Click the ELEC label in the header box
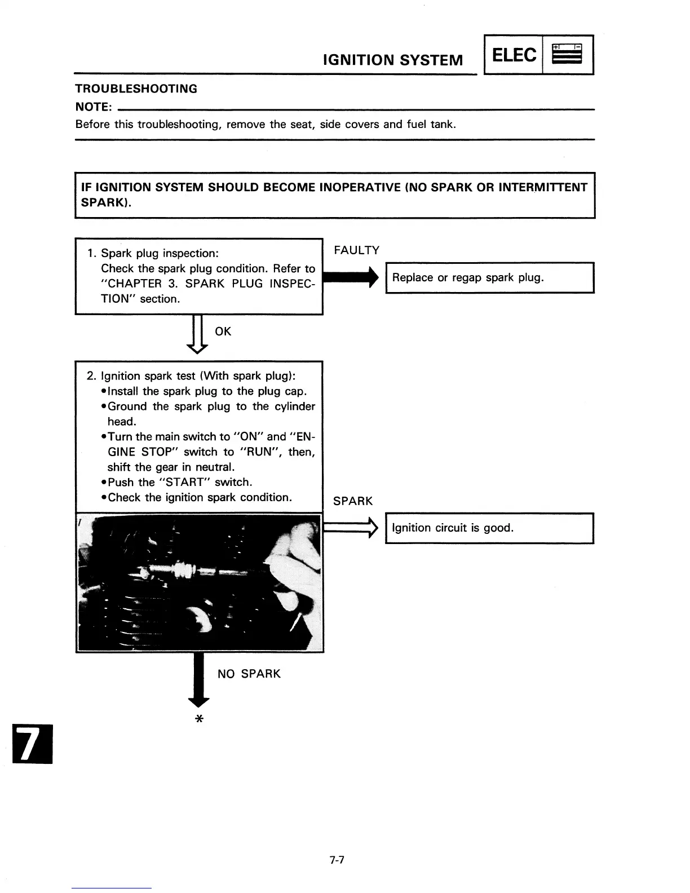(514, 55)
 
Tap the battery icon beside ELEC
(567, 55)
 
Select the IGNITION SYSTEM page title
(393, 60)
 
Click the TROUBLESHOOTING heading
(136, 89)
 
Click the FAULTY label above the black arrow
(356, 250)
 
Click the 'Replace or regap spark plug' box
(489, 278)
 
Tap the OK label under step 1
(223, 331)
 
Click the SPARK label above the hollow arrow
(353, 501)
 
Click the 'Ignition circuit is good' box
(489, 528)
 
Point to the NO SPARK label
(249, 674)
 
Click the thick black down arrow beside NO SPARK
(198, 679)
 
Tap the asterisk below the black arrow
(198, 719)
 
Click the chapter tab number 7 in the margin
(32, 744)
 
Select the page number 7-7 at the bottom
(337, 860)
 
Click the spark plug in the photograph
(180, 571)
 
